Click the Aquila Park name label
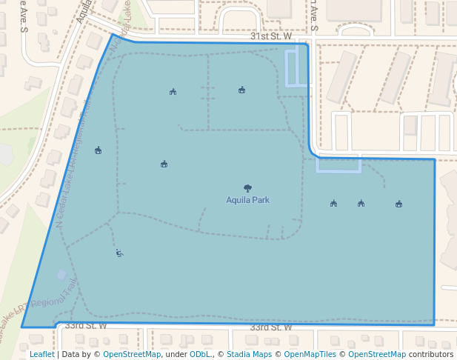[x=247, y=200]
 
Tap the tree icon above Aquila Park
[x=247, y=188]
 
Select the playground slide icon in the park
[x=119, y=253]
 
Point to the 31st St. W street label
[x=271, y=36]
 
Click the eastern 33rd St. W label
[x=270, y=327]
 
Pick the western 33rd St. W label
[x=86, y=325]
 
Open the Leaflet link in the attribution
[x=41, y=355]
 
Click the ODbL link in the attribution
[x=199, y=355]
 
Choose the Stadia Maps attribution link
[x=249, y=355]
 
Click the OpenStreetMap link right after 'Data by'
[x=132, y=355]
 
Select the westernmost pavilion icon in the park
[x=98, y=150]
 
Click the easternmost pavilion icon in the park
[x=398, y=204]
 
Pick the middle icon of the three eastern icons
[x=361, y=204]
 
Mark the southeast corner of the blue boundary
[x=434, y=324]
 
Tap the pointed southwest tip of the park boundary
[x=22, y=327]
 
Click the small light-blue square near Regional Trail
[x=61, y=275]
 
